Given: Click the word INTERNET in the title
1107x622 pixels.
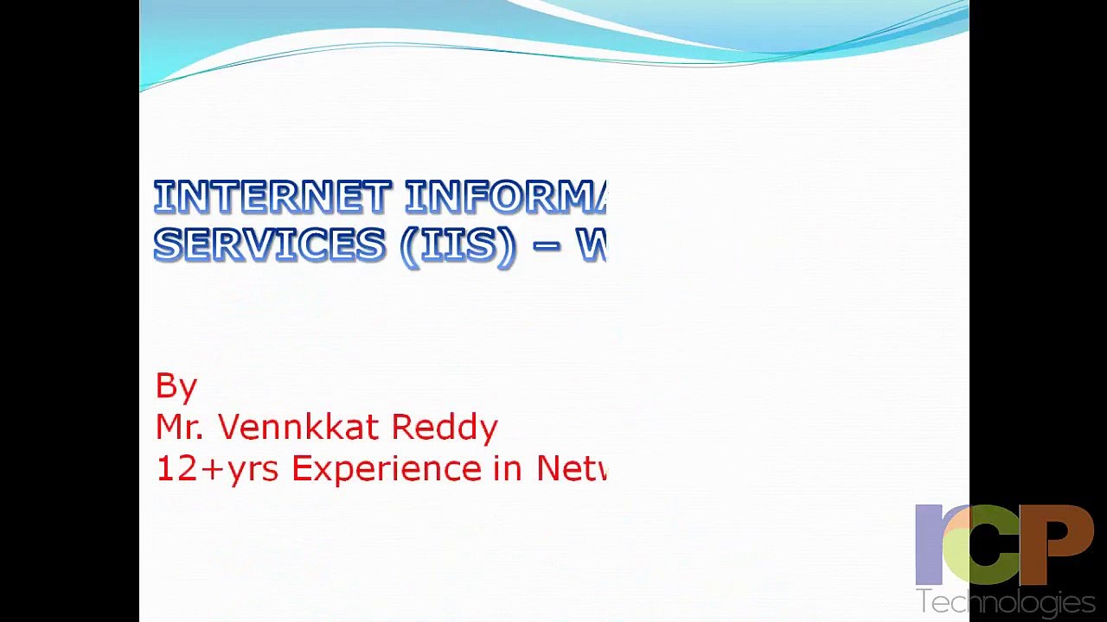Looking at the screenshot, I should coord(271,198).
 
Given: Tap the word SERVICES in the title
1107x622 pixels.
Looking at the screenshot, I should coord(269,246).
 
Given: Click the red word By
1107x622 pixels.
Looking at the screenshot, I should coord(176,386).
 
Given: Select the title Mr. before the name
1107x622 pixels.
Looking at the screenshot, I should coord(180,427).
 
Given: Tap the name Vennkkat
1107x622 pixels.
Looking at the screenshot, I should coord(298,427).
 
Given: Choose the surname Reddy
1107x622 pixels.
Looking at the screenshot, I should coord(445,428).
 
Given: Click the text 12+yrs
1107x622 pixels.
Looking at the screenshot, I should coord(216,468).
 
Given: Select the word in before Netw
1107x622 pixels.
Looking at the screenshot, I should coord(509,468).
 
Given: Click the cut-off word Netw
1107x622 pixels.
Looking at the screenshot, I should coord(572,468).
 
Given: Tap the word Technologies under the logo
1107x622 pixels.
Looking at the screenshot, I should coord(1006,602).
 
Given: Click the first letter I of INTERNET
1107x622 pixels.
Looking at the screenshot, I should coord(159,198).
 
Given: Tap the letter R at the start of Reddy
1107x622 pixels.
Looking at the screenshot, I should coord(401,427).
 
